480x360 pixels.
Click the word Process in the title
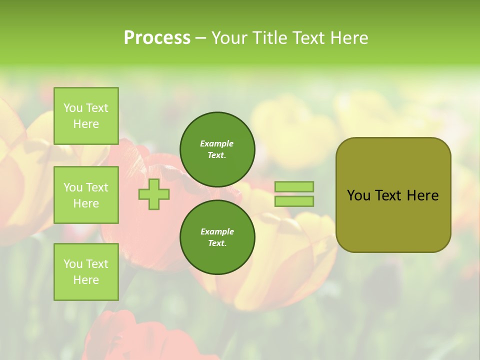coord(157,38)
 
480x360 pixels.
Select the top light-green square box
coord(86,116)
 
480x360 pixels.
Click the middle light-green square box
coord(86,195)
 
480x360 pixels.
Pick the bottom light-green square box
coord(86,272)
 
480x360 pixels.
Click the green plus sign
coord(154,194)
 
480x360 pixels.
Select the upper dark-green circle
coord(217,149)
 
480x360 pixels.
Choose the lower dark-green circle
coord(217,237)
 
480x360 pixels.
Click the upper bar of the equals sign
coord(294,186)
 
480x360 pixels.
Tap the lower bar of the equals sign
coord(294,201)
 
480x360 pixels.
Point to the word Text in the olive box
coord(388,195)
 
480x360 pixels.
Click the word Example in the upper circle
coord(217,143)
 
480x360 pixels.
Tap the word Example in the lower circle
coord(217,231)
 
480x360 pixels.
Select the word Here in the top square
coord(86,124)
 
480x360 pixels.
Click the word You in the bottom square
coord(73,264)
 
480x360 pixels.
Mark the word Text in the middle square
coord(97,187)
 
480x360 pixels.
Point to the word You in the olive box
coord(358,195)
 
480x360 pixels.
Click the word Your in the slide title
coord(229,38)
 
